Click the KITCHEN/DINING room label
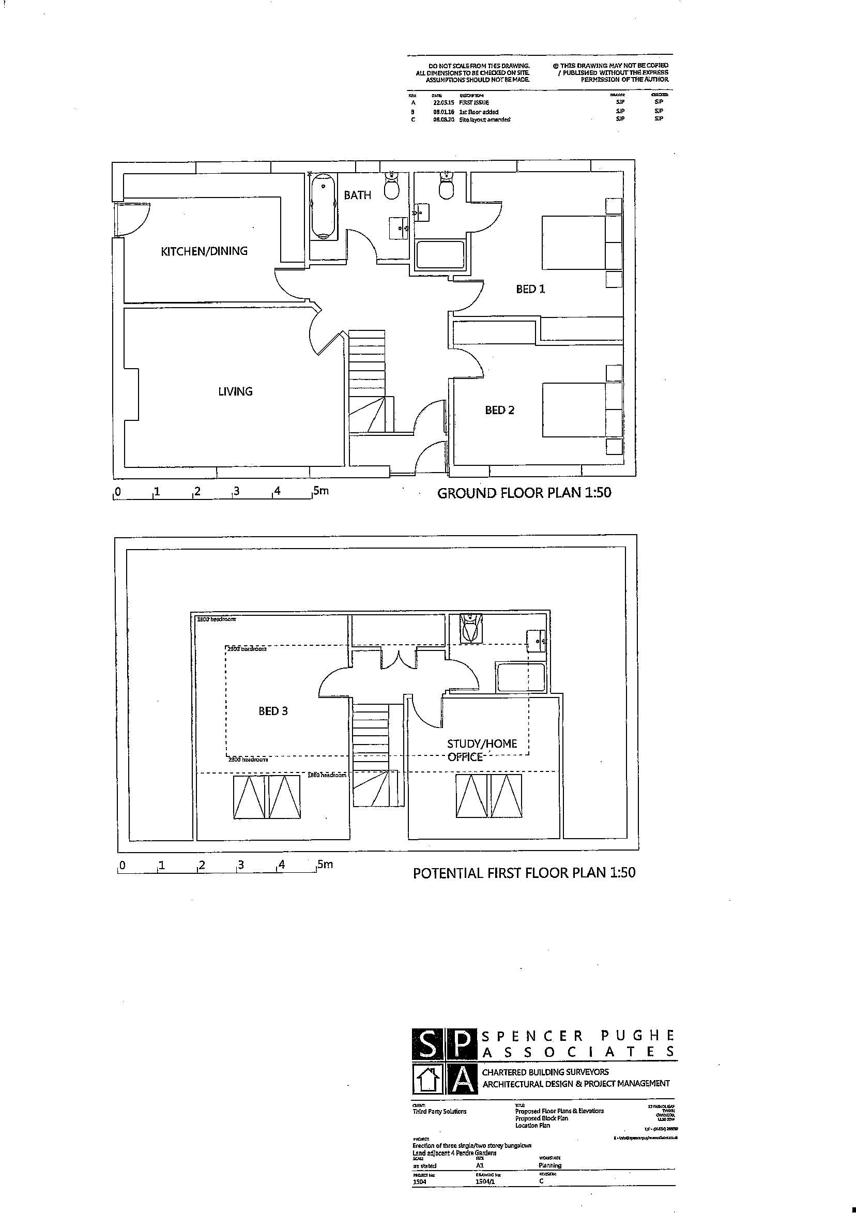tap(204, 251)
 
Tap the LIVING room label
tap(235, 391)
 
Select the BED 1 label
tap(530, 289)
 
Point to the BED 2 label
tap(499, 410)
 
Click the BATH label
tap(358, 195)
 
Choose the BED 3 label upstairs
tap(273, 711)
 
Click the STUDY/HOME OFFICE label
tap(481, 750)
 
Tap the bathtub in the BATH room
tap(323, 208)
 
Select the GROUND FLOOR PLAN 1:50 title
tap(524, 493)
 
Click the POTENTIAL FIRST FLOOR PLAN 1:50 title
tap(524, 873)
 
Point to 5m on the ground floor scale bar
tap(320, 491)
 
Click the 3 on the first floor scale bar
tap(240, 866)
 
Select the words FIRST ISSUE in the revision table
tap(473, 102)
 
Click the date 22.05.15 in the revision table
tap(443, 102)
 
